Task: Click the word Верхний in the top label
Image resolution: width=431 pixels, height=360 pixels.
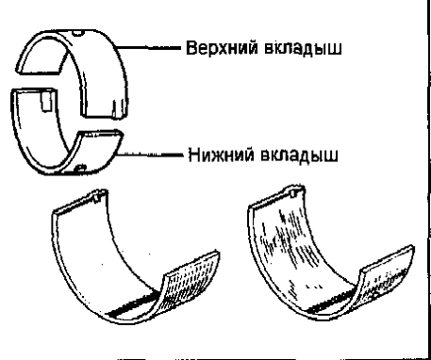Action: tap(223, 48)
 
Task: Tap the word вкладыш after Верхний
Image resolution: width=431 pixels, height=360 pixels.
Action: tap(303, 49)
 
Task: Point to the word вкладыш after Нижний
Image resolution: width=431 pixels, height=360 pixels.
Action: tap(299, 155)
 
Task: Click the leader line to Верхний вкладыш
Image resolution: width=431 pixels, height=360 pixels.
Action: tap(149, 48)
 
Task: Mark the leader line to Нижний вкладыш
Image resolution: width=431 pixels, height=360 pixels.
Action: tap(150, 155)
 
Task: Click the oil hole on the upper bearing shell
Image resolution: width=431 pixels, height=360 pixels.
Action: tap(77, 32)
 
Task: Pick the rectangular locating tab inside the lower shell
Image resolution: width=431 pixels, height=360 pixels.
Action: tap(46, 101)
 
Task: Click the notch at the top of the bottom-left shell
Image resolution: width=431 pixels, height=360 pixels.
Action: tap(98, 196)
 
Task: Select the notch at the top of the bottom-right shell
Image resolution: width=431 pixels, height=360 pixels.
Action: tap(293, 192)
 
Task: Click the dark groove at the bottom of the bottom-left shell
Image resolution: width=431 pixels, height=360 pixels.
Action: tap(132, 304)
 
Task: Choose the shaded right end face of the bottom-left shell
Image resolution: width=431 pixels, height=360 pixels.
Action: tap(191, 276)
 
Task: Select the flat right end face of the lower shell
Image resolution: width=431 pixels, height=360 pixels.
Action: tap(100, 135)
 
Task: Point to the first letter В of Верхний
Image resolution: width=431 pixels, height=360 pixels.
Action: tap(191, 48)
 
